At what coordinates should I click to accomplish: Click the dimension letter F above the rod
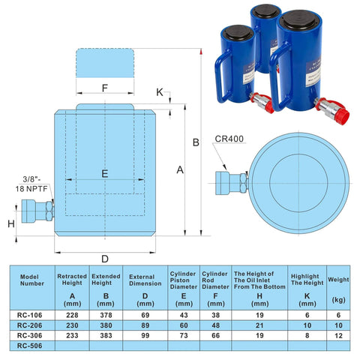coord(105,88)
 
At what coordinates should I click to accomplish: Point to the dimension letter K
coord(159,91)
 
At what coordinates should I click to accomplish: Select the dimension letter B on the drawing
coord(194,142)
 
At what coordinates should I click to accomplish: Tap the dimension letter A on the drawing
coord(180,170)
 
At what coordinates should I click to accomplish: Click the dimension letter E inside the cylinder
coord(105,173)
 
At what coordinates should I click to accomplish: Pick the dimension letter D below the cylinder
coord(105,259)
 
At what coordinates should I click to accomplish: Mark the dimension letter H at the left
coord(10,224)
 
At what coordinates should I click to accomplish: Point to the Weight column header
coord(339,283)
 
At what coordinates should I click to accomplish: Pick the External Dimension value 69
coord(145,314)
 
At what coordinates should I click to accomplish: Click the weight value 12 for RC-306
coord(339,336)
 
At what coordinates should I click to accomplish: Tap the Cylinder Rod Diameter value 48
coord(215,325)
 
